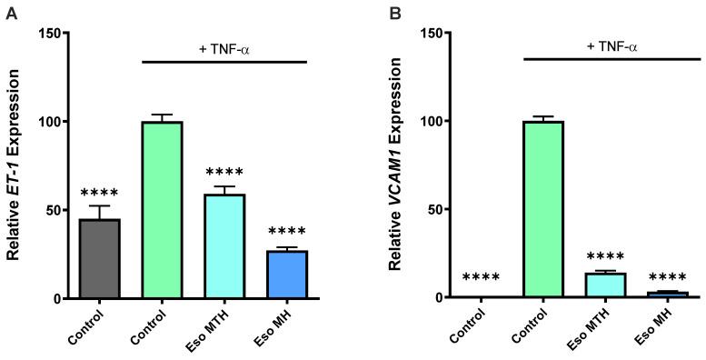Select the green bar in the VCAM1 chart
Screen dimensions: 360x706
pyautogui.click(x=544, y=209)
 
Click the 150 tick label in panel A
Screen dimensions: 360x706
pyautogui.click(x=50, y=34)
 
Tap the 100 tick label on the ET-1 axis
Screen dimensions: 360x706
pyautogui.click(x=50, y=122)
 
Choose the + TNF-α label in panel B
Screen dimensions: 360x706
pyautogui.click(x=607, y=45)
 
